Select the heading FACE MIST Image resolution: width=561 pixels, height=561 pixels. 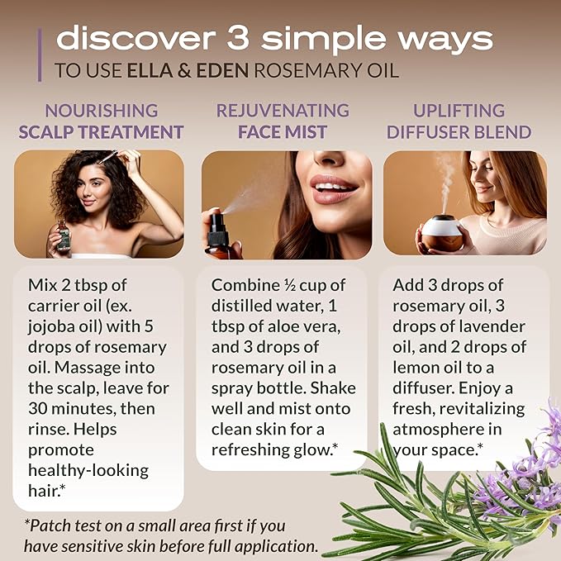[283, 131]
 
